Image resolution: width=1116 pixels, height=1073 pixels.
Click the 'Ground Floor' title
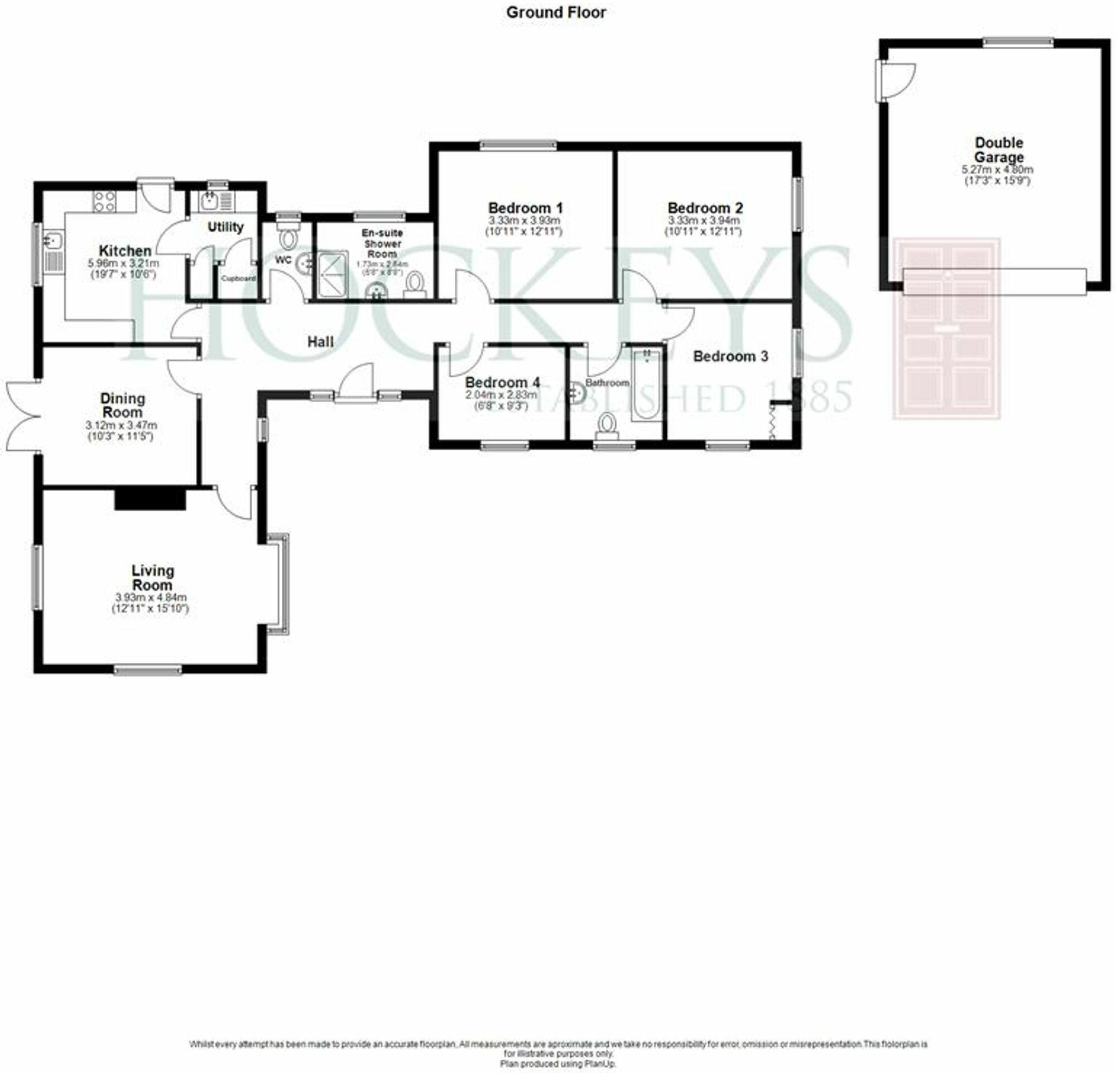556,12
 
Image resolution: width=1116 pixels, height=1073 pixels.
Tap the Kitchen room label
125,251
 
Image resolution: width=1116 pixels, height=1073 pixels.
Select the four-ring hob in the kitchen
105,201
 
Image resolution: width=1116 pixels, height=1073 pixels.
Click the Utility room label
225,227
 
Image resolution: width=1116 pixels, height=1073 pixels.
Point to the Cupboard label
238,278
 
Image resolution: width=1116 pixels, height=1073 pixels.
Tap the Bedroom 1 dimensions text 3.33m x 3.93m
525,220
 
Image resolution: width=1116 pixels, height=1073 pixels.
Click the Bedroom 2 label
705,208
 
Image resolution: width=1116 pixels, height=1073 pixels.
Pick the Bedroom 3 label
730,357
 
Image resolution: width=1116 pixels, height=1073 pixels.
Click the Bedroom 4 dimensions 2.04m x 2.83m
501,395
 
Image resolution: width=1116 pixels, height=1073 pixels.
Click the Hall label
320,341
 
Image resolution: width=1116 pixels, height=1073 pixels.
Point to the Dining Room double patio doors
22,417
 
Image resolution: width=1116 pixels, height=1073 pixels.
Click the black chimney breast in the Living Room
150,499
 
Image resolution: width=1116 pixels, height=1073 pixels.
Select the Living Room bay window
281,584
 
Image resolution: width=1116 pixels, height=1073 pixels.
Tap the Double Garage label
999,150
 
